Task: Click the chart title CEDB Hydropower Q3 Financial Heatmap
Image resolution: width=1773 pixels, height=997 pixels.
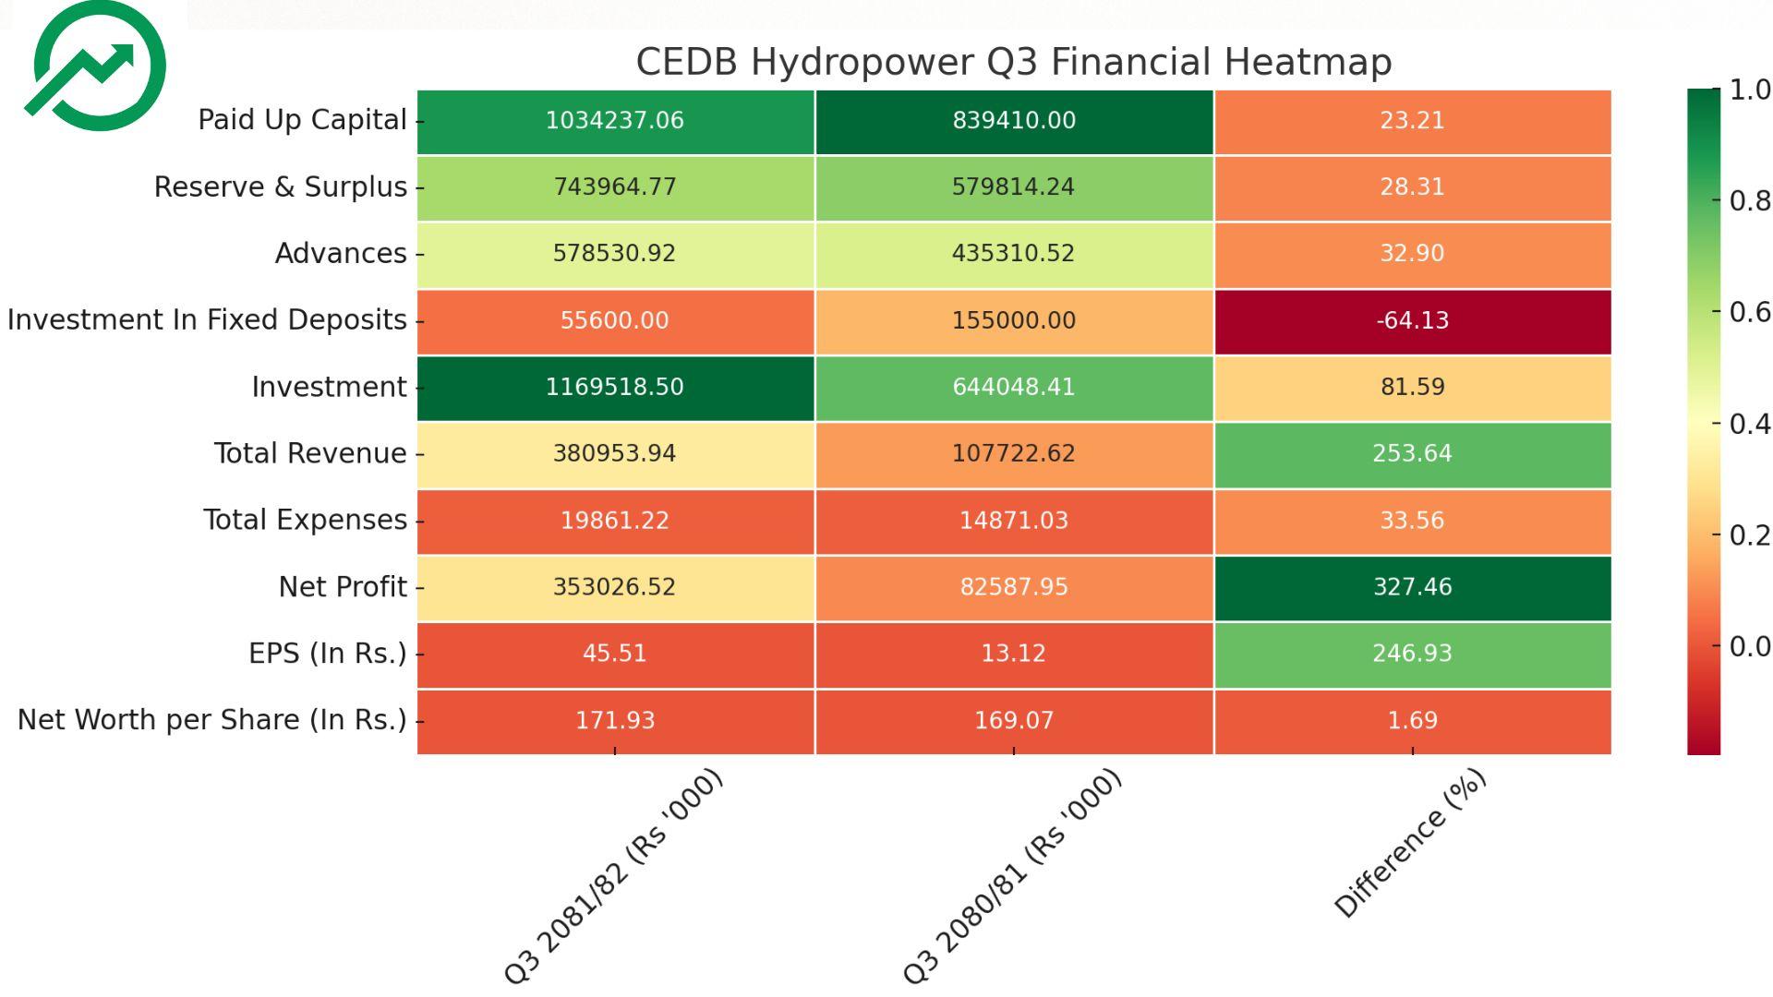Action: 1013,62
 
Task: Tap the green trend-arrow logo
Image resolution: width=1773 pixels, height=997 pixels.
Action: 96,66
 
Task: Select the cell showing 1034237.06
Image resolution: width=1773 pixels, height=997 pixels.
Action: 615,121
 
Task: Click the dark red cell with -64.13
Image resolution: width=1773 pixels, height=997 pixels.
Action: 1412,321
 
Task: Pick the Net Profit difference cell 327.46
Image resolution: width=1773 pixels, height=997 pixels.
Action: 1412,587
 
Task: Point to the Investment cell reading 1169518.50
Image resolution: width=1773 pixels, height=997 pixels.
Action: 615,388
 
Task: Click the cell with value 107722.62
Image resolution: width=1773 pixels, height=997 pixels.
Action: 1013,454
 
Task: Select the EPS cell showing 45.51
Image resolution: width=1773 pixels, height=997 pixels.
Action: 615,654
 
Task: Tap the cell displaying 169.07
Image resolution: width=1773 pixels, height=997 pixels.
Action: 1013,720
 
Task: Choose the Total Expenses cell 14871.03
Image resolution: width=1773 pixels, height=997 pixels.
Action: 1013,521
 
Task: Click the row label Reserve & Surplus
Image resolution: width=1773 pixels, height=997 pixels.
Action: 280,187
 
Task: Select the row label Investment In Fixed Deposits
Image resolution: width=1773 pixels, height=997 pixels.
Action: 207,320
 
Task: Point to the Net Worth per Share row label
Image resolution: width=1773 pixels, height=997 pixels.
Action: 211,720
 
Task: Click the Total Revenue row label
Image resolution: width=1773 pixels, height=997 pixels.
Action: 310,454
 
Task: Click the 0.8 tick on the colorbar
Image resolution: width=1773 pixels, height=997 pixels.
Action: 1749,201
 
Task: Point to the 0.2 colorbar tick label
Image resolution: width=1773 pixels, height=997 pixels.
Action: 1749,535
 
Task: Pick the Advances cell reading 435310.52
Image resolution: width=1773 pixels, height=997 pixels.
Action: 1013,254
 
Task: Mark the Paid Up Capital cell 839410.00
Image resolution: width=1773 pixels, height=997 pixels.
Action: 1013,121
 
